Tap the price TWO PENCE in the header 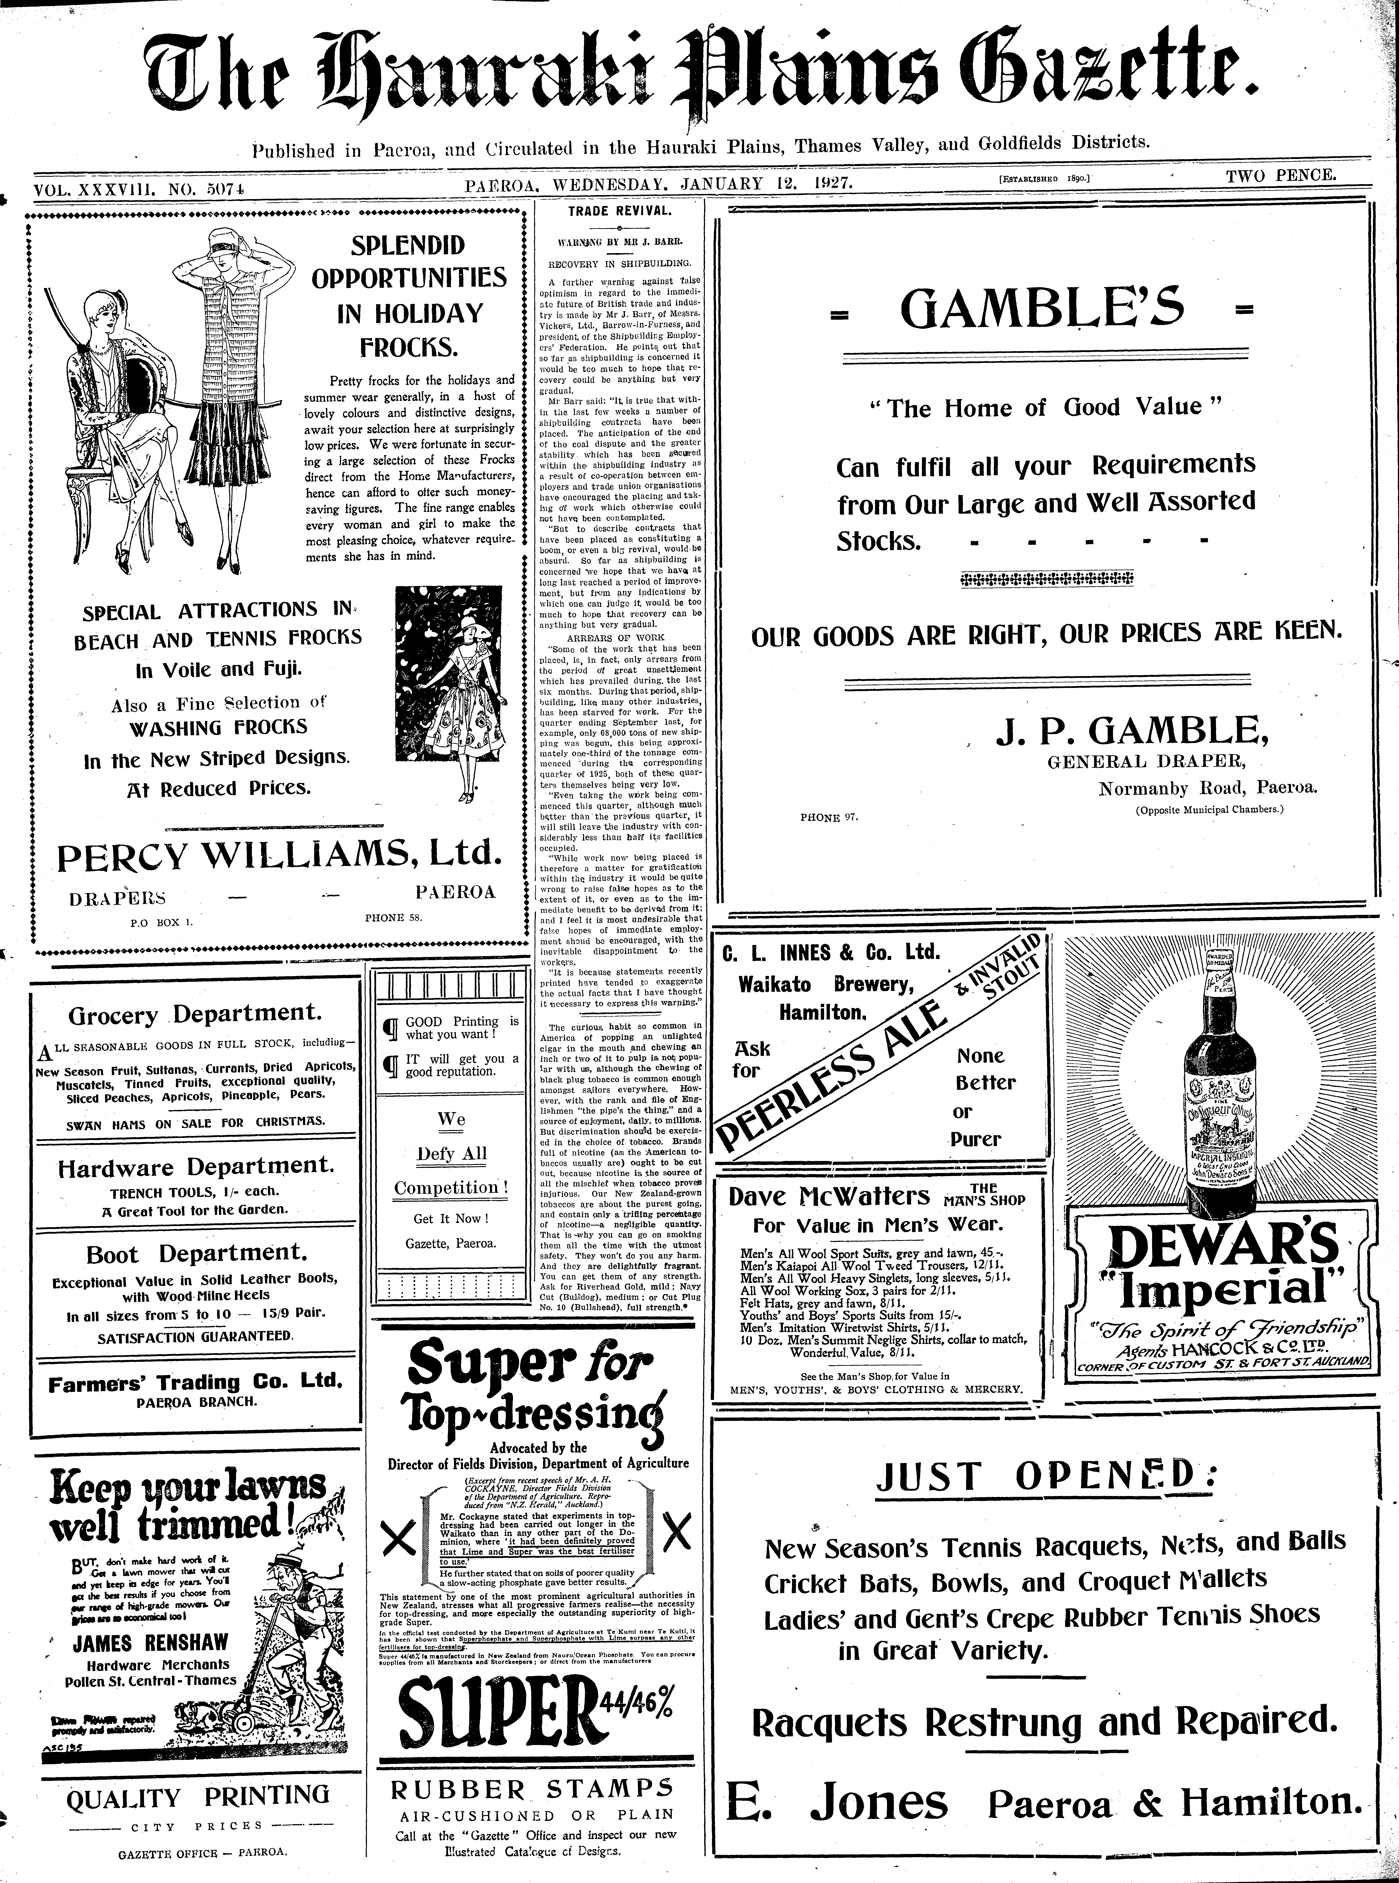point(1280,176)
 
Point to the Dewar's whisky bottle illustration point(1208,1092)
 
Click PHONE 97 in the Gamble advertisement point(828,818)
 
